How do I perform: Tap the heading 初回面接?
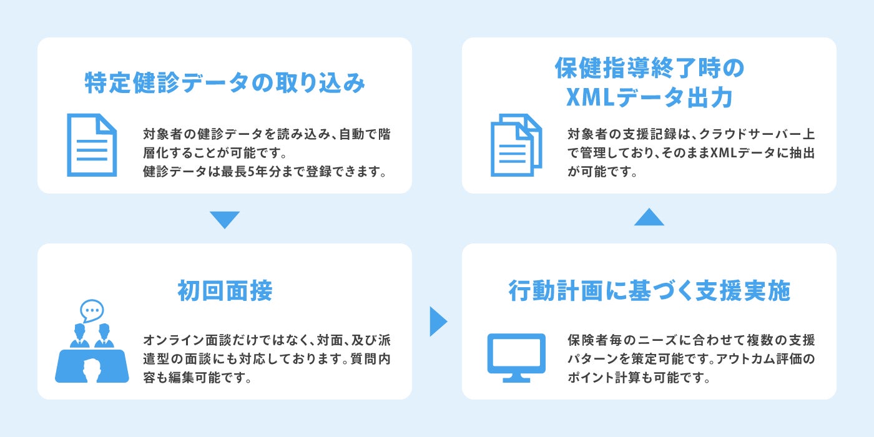225,291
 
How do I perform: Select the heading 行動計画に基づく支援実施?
649,291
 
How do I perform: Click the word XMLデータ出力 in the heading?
649,97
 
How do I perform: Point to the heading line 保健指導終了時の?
649,69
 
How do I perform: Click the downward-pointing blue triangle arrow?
225,219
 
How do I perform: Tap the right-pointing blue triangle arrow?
438,322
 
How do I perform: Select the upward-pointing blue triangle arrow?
649,217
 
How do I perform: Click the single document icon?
92,145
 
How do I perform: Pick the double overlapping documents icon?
516,145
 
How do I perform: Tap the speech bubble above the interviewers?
92,310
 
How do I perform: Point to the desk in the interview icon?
92,367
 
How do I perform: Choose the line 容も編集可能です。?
197,378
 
